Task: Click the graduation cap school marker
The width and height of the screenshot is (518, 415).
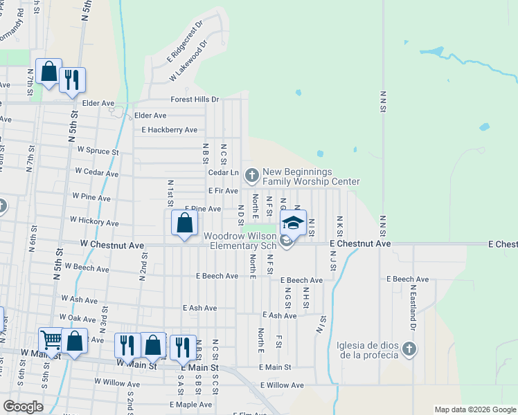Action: pos(293,223)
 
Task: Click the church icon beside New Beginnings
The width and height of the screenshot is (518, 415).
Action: pos(250,172)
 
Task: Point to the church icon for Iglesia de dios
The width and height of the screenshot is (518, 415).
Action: pos(409,349)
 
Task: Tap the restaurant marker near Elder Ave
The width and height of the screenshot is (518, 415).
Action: pos(72,80)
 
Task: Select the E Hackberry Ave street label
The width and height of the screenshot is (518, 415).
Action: pos(169,130)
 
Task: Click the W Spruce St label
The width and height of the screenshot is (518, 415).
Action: pos(98,150)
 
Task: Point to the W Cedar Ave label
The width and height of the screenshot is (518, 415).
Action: pos(96,171)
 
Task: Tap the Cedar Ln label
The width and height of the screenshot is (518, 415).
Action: pos(223,172)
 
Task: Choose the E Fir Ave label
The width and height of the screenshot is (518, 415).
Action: pos(223,190)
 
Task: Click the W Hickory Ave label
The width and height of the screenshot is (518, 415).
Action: pos(93,221)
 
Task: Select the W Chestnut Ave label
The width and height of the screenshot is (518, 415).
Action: pos(111,245)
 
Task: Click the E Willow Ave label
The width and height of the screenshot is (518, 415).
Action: pos(282,385)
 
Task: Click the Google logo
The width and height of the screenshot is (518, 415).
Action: pos(23,407)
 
